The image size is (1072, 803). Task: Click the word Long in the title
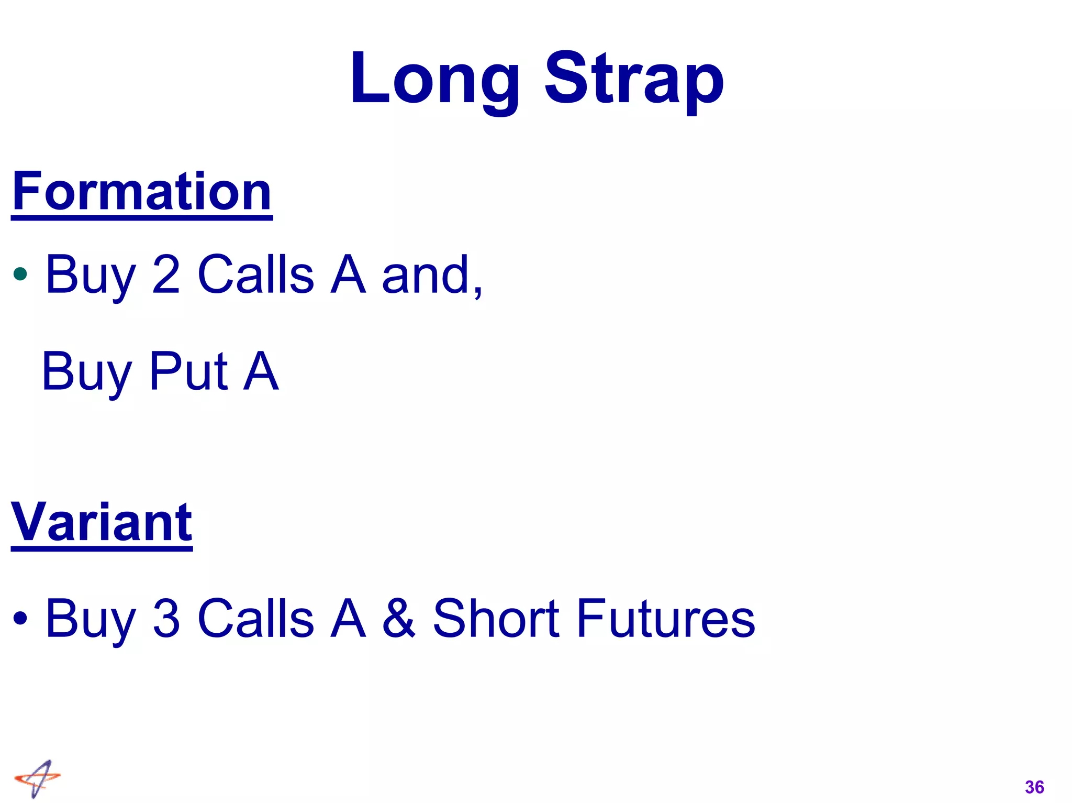[434, 80]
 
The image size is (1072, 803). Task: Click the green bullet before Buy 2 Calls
[20, 273]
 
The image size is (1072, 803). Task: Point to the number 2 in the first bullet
[166, 274]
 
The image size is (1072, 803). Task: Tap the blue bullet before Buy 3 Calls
[20, 618]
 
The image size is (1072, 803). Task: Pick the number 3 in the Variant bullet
[166, 618]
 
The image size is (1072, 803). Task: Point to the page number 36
[1034, 787]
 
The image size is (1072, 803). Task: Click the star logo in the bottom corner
[37, 778]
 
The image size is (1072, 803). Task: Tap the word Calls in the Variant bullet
[256, 618]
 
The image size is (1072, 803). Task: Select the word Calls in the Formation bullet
[256, 274]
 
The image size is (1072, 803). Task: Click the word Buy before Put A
[86, 372]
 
